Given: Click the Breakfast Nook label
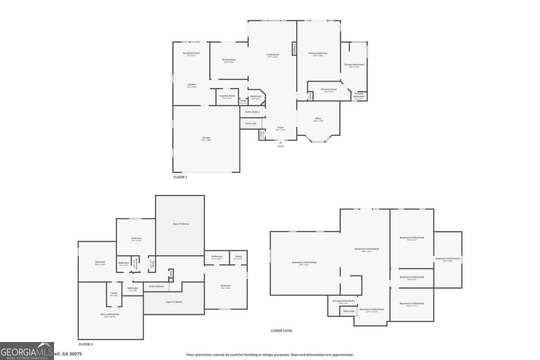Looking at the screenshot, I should pos(191,53).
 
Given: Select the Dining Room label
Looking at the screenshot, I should pos(229,59).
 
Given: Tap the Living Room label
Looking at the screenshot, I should pos(273,54).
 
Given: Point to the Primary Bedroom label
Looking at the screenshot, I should pos(318,53).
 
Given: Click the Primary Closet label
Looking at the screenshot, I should pos(328,90).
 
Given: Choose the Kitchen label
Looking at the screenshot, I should pos(192,85).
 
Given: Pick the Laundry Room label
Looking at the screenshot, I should pos(227,95).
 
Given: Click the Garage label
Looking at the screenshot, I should pos(206,138).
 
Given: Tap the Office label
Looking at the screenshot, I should pos(318,118).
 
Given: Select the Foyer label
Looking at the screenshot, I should pos(280,128).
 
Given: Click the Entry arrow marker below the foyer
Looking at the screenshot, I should pos(281,143).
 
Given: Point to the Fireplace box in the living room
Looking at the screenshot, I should pos(294,49).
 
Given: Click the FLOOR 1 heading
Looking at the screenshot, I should pos(180,177).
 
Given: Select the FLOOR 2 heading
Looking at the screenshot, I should pos(85,345).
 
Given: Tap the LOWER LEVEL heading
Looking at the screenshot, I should pos(282,331).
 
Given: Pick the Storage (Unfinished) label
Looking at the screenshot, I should pos(343,301).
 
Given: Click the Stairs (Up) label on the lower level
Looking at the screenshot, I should pos(349,311).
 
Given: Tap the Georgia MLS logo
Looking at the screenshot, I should pos(27,351).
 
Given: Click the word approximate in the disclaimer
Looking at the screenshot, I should pos(342,355).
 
